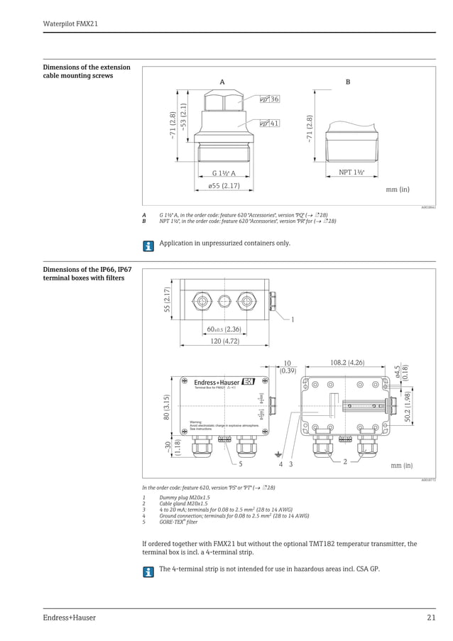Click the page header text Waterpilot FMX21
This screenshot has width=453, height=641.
[70, 23]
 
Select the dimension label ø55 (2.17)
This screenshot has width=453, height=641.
[224, 186]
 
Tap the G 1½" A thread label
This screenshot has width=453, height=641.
[224, 173]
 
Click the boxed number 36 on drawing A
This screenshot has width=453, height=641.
[273, 99]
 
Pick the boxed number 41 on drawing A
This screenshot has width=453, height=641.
[273, 124]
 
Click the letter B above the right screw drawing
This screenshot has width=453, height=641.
[347, 82]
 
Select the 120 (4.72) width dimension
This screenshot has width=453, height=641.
[224, 341]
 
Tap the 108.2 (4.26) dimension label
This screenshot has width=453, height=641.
[347, 363]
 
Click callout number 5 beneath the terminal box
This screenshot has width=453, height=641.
[240, 464]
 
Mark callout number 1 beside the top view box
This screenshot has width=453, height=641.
[292, 319]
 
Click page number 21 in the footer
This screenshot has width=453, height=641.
[430, 618]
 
